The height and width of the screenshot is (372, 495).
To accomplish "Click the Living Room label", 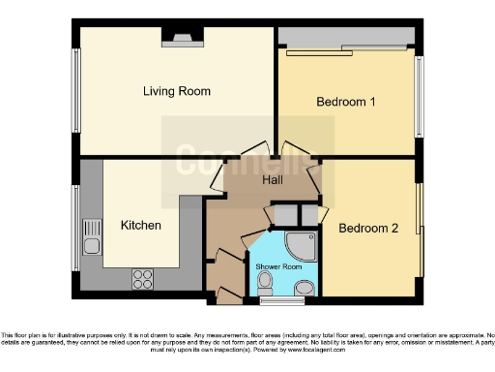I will [176, 92].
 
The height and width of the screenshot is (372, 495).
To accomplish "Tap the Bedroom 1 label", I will [346, 101].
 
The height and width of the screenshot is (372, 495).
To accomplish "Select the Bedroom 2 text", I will [367, 229].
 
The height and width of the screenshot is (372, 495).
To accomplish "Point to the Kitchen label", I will [140, 225].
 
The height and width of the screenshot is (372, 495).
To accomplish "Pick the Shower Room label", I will [278, 266].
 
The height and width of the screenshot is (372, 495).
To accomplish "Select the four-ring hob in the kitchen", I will [142, 278].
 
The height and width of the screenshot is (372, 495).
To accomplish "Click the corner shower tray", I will [302, 246].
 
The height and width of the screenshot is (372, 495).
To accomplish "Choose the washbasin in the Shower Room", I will [305, 287].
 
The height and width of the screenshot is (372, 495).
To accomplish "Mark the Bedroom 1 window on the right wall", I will [419, 96].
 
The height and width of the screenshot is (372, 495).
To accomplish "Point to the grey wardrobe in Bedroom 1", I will [346, 37].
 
